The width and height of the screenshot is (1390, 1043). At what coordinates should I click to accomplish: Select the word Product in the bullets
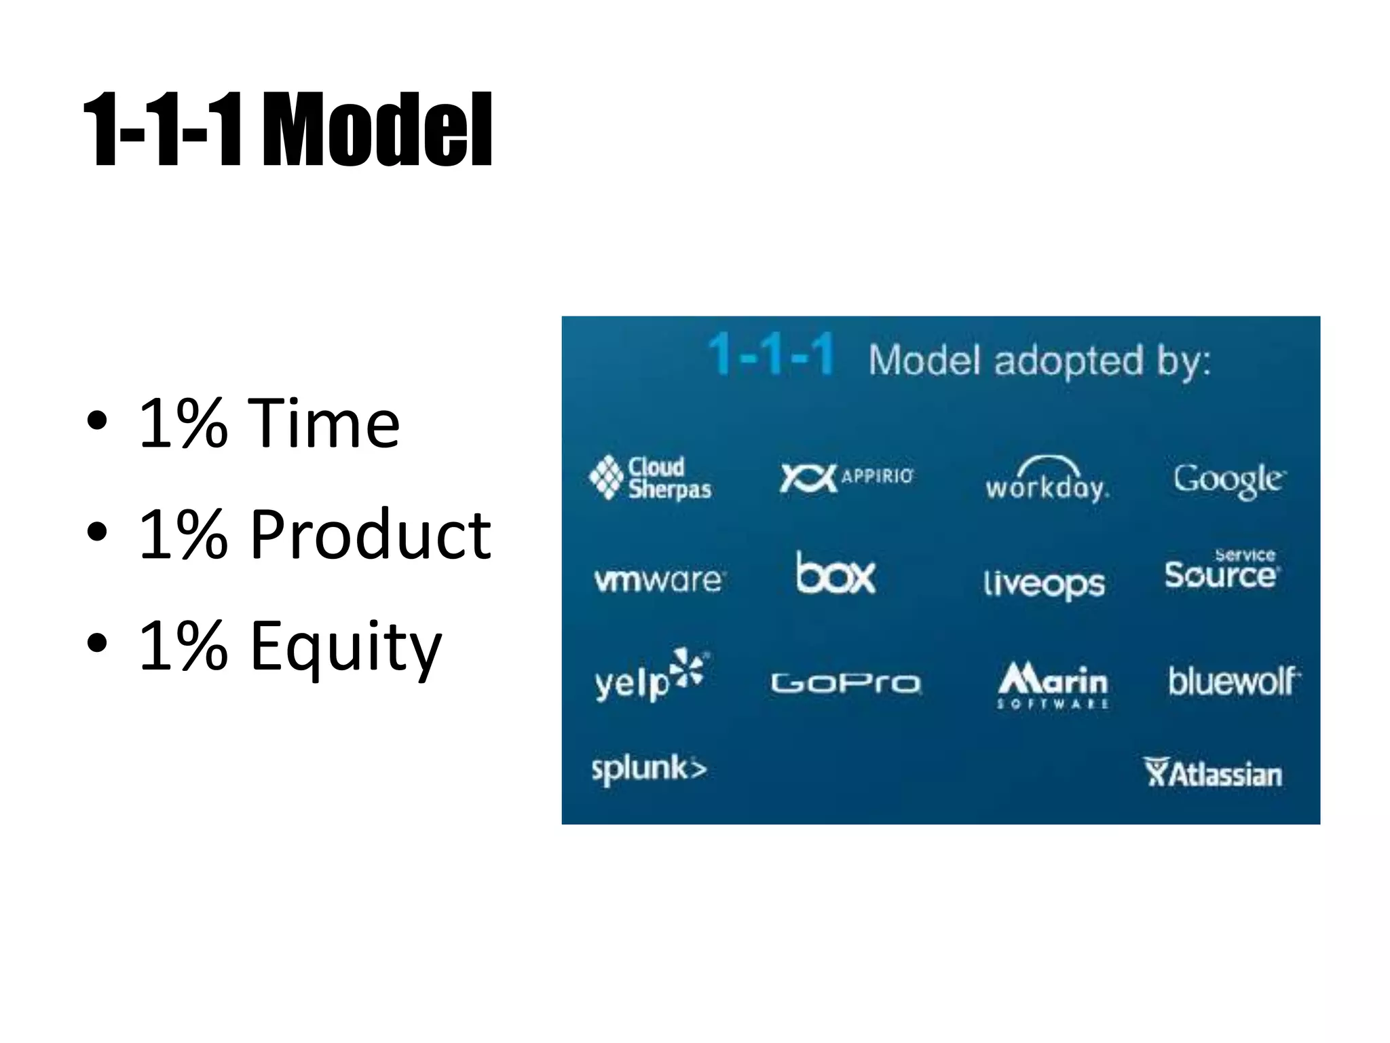tap(370, 535)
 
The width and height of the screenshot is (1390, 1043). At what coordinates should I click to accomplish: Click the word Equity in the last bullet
tap(345, 647)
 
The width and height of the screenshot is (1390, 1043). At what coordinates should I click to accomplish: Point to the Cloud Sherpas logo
tap(650, 477)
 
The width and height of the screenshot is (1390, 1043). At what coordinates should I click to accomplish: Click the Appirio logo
tap(846, 477)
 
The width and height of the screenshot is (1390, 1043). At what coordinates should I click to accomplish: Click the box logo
tap(835, 574)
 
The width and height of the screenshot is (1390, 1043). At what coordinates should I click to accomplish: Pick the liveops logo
tap(1044, 583)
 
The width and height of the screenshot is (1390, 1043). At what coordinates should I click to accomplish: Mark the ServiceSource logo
tap(1222, 570)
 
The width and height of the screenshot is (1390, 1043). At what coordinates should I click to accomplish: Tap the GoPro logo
tap(846, 682)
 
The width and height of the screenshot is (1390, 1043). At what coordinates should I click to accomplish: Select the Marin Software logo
tap(1053, 684)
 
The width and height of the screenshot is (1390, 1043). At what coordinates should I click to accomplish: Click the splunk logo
tap(649, 769)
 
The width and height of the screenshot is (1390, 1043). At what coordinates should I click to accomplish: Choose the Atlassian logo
tap(1214, 773)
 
